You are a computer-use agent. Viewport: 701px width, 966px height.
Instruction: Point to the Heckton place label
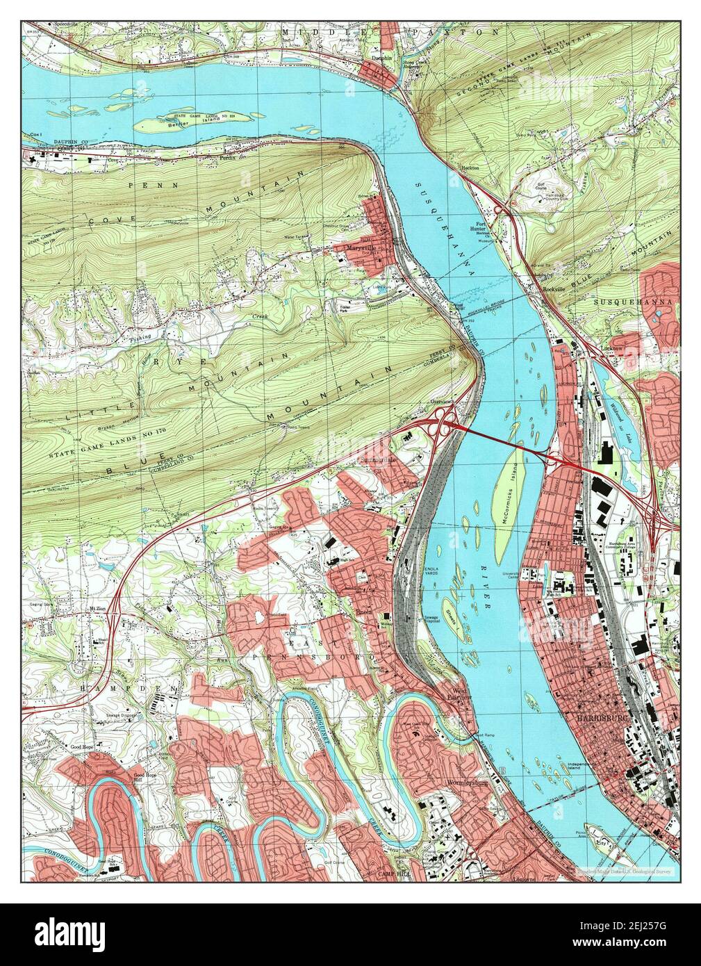[472, 167]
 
